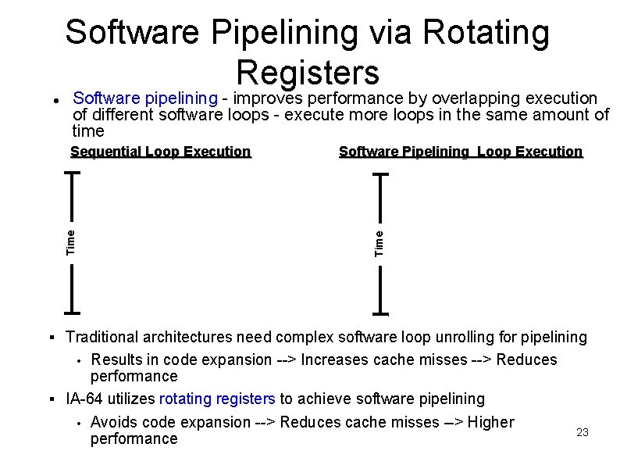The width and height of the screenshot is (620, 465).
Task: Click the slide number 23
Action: click(x=582, y=432)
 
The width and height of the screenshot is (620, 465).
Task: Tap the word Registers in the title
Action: click(x=308, y=72)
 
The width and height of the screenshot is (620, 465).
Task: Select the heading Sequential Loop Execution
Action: click(x=160, y=152)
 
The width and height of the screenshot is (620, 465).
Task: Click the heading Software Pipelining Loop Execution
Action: click(x=461, y=152)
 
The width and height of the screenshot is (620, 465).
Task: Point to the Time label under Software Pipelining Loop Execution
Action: click(x=379, y=242)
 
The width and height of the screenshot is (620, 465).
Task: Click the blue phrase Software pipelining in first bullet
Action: click(x=144, y=98)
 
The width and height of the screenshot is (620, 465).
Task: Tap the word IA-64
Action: click(x=84, y=399)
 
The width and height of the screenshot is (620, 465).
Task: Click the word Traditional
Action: click(x=102, y=337)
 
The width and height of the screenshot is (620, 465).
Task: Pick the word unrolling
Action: click(x=447, y=337)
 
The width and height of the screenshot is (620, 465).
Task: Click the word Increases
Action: click(x=335, y=359)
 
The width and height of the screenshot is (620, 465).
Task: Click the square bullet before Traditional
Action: click(x=51, y=338)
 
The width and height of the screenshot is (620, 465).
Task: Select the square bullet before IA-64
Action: click(x=51, y=399)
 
